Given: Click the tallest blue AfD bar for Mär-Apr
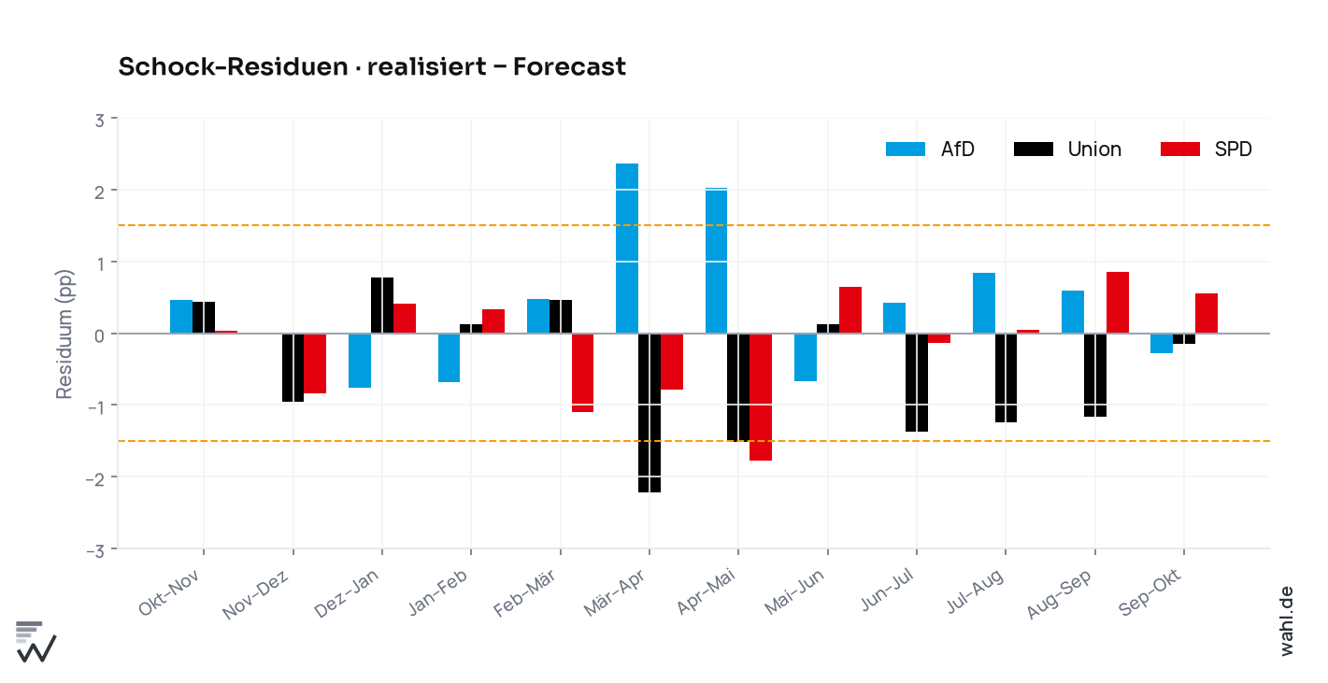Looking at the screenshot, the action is pyautogui.click(x=627, y=249).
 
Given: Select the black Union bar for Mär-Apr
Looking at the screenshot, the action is pyautogui.click(x=650, y=413).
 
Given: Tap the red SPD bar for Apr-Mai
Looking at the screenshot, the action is pyautogui.click(x=761, y=397).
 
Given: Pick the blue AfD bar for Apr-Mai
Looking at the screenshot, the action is pyautogui.click(x=716, y=261).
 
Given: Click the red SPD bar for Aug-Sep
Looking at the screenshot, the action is pyautogui.click(x=1118, y=303).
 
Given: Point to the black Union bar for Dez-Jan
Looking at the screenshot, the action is pyautogui.click(x=382, y=306).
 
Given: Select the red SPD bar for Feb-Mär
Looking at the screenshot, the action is pyautogui.click(x=583, y=372).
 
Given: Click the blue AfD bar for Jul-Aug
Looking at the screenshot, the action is pyautogui.click(x=983, y=303).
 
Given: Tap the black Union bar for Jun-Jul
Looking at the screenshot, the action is pyautogui.click(x=917, y=382).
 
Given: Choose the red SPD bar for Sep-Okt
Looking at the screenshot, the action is pyautogui.click(x=1207, y=313).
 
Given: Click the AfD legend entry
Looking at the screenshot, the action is pyautogui.click(x=930, y=149).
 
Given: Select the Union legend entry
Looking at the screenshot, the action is pyautogui.click(x=1067, y=149).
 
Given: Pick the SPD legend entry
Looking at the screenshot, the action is pyautogui.click(x=1206, y=149).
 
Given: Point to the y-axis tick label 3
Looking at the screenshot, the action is pyautogui.click(x=100, y=121).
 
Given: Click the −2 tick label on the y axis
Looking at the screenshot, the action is pyautogui.click(x=95, y=479).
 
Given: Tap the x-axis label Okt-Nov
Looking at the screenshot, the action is pyautogui.click(x=169, y=593).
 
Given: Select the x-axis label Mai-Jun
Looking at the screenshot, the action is pyautogui.click(x=793, y=592).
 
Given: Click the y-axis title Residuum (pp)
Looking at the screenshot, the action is pyautogui.click(x=64, y=334).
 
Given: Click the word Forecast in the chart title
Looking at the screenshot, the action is pyautogui.click(x=569, y=66).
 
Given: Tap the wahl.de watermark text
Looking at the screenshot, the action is pyautogui.click(x=1286, y=621).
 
